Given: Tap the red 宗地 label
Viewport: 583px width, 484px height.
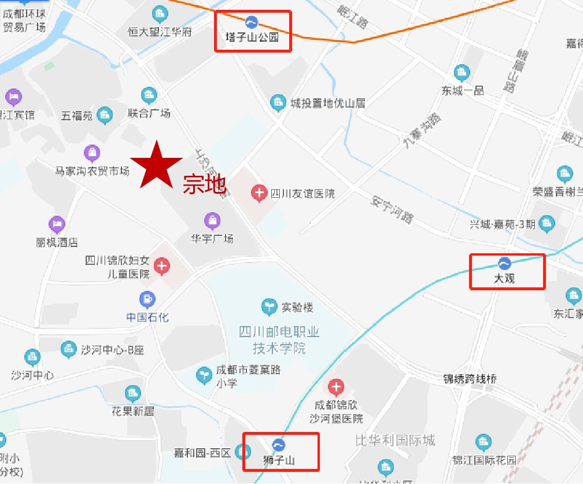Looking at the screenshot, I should (204, 184).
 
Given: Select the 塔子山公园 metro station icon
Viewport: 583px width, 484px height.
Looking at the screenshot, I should (252, 23).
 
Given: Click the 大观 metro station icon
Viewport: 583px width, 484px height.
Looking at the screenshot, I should (504, 264).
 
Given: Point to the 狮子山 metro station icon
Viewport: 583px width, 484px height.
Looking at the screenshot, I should (279, 445).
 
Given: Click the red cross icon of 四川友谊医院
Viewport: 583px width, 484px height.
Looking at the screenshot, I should (259, 193).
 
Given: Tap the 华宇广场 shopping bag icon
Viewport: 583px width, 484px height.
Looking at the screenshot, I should (212, 221).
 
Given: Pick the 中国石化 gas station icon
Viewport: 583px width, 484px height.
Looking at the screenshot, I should (147, 300).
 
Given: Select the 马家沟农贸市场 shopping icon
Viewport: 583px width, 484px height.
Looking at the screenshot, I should (92, 154).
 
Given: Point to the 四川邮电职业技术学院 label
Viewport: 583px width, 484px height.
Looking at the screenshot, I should (279, 340).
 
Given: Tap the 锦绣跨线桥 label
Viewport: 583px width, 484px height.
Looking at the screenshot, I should (470, 379).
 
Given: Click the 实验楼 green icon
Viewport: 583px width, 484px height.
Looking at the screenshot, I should (269, 307).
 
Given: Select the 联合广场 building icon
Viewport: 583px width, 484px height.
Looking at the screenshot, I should (149, 95).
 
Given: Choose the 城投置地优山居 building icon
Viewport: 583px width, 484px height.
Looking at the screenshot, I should (278, 103).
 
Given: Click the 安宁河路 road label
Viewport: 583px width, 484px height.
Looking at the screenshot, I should (392, 209).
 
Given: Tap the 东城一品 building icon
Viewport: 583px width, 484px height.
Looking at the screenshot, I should (462, 73).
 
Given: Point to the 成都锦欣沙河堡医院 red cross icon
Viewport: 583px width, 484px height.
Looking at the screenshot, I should (336, 387).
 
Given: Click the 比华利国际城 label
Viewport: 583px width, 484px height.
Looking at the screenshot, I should (395, 440).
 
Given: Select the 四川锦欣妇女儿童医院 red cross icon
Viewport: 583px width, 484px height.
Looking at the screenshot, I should (163, 266).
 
